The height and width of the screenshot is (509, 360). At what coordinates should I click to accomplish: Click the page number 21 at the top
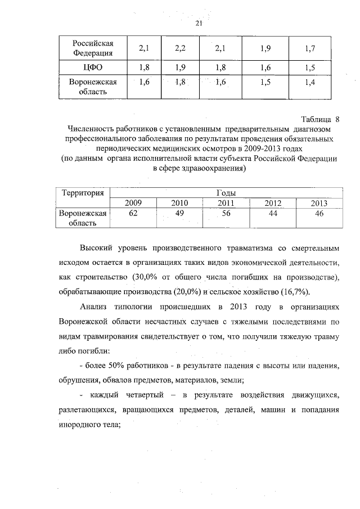(198, 23)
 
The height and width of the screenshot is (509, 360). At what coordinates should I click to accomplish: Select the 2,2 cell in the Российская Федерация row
(180, 49)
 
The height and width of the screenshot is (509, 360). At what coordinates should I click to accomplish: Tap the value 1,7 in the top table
(309, 49)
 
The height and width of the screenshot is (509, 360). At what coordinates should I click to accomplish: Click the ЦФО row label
(93, 68)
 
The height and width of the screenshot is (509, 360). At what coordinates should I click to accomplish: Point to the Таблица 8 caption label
(321, 119)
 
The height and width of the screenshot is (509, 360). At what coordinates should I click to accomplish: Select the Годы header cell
(225, 193)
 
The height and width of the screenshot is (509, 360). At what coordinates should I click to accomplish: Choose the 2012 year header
(272, 203)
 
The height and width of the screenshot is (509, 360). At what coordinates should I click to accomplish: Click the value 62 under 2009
(133, 213)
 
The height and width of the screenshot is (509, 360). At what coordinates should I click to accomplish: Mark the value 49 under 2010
(179, 213)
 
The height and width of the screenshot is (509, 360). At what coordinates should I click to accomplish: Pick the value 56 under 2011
(226, 213)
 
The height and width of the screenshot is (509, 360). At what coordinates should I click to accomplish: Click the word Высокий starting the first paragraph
(96, 248)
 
